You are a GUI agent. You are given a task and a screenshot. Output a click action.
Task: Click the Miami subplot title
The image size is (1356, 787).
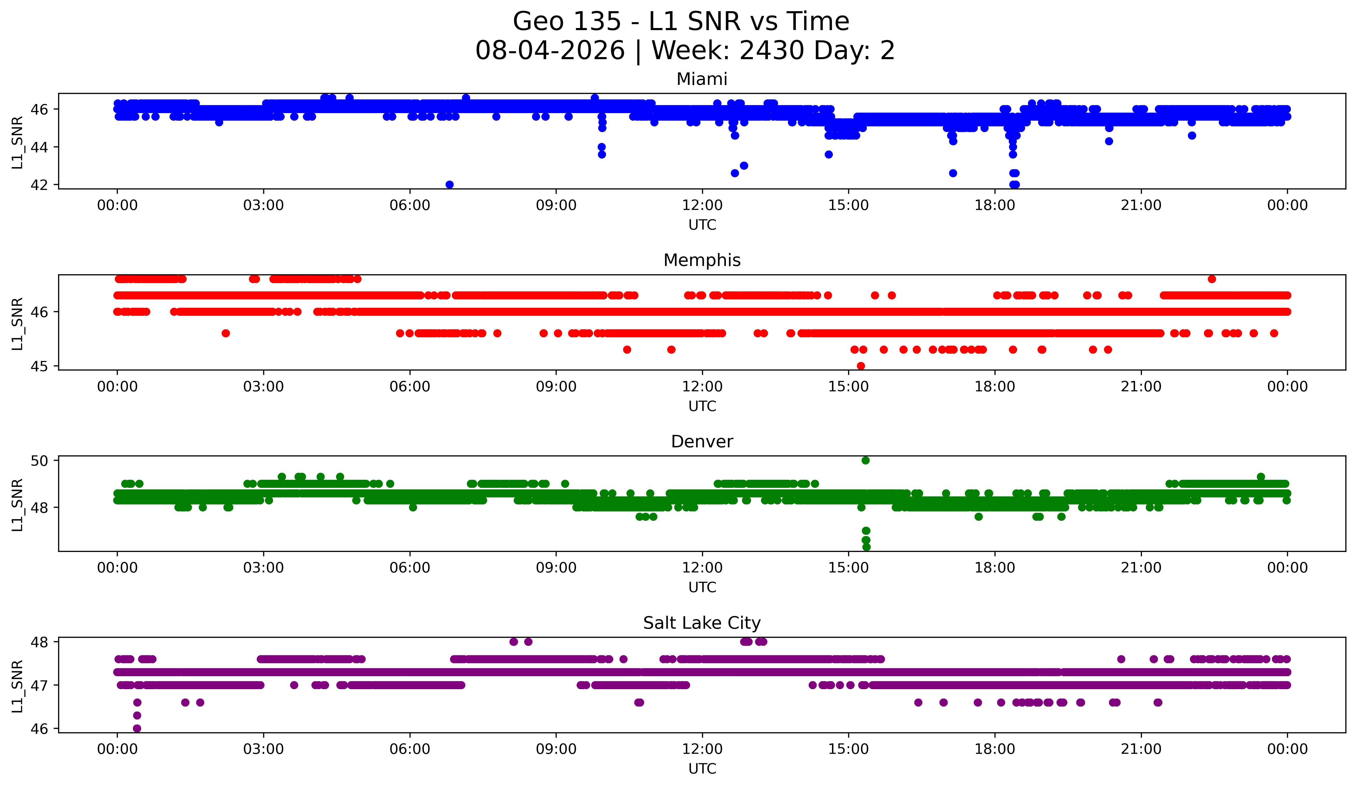(702, 79)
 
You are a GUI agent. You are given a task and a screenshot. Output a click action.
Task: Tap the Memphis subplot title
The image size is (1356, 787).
(702, 260)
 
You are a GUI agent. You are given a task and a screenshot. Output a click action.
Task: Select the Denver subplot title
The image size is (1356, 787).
(702, 442)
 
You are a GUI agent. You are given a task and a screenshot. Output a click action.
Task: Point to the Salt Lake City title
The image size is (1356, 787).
(702, 623)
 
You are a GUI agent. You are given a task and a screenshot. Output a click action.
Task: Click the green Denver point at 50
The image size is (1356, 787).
(865, 461)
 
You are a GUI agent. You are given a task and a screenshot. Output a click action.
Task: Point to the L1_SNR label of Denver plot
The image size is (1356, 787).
(17, 505)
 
